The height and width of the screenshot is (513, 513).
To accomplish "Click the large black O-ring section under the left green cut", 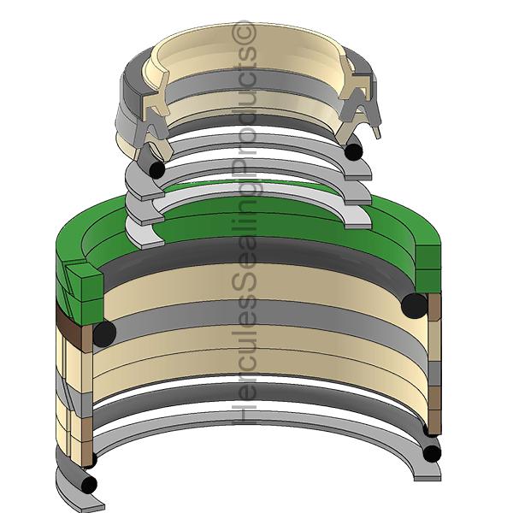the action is tap(104, 333).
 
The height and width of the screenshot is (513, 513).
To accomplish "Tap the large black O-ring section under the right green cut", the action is tap(414, 306).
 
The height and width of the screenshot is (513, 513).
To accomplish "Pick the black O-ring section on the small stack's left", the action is tap(156, 169).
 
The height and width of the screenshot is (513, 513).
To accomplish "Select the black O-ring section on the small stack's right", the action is tap(354, 152).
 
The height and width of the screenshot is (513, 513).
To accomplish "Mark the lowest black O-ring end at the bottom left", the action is tap(89, 484).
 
